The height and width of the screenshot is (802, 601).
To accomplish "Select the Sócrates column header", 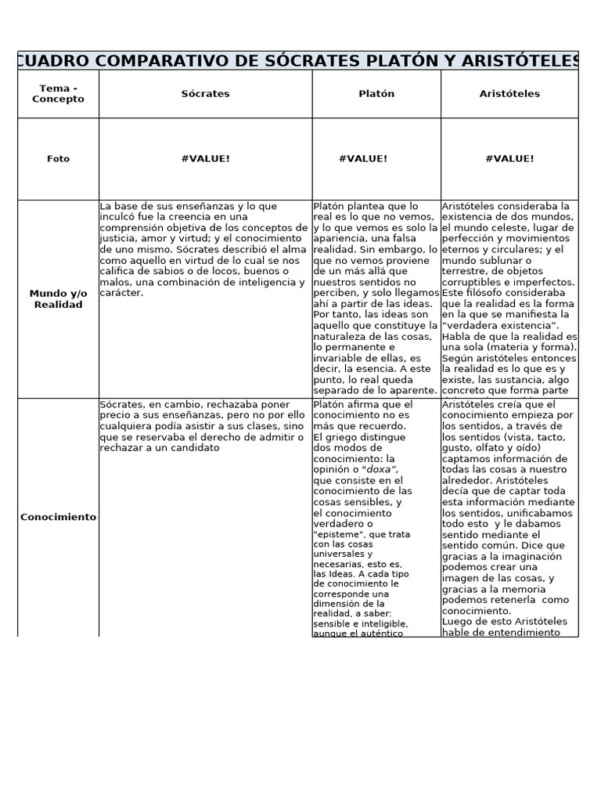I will (x=205, y=94).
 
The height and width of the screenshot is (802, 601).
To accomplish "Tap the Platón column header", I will (x=376, y=94).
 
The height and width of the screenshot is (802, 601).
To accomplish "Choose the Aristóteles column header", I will (x=509, y=94).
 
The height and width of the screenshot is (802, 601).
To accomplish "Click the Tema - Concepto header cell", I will (x=58, y=94).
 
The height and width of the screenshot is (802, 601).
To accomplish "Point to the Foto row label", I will (x=58, y=159).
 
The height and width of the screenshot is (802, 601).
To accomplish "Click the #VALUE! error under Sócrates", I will (x=205, y=159).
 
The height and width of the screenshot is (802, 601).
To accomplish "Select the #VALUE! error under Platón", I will (x=363, y=159).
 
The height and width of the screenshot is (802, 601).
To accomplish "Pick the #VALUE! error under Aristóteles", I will (x=509, y=159).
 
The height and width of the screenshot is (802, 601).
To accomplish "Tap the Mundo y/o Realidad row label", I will (x=58, y=299).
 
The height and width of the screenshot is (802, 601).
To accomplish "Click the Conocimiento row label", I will (x=58, y=517).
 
